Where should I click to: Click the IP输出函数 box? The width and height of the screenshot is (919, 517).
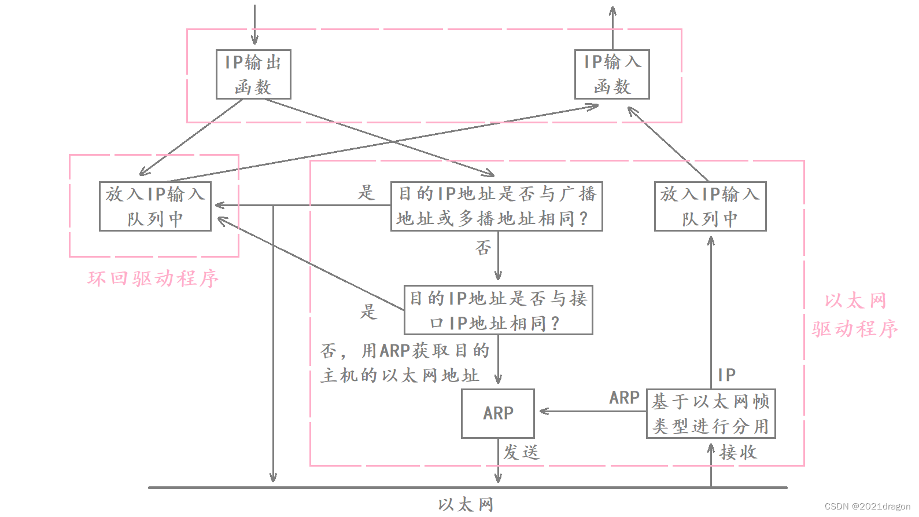coord(253,74)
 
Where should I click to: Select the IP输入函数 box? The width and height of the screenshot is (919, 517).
coord(612,74)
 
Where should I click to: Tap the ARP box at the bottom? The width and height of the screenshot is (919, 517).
coord(497,413)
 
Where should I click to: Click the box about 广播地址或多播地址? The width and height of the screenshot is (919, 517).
coord(496,206)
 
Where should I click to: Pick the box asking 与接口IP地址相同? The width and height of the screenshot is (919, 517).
coord(498,310)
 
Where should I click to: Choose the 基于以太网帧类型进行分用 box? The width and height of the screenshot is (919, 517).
coord(710,413)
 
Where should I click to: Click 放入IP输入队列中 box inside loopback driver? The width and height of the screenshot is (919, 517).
coord(155,206)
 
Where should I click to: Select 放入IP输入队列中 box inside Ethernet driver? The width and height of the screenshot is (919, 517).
coord(710,206)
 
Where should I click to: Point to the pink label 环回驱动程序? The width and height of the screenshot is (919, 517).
coord(153,278)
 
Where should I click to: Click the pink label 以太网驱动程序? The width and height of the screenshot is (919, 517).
coord(855,315)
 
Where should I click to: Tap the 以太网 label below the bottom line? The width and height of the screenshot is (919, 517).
coord(466,505)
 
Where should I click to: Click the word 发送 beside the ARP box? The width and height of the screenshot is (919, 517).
coord(521,452)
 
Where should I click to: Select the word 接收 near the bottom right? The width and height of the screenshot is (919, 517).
coord(738,452)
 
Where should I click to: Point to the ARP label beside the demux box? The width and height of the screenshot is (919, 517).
coord(624,398)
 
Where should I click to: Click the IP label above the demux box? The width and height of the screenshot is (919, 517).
coord(726,375)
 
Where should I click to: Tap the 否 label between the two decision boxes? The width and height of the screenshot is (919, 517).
coord(484,248)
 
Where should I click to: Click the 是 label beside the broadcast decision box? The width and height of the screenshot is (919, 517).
coord(366,193)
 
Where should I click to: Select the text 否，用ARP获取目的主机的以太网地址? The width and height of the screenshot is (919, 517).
coord(405,363)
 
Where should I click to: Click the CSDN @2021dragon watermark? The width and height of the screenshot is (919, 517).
coord(867,506)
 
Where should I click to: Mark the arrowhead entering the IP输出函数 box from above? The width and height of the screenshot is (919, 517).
coord(254,41)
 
